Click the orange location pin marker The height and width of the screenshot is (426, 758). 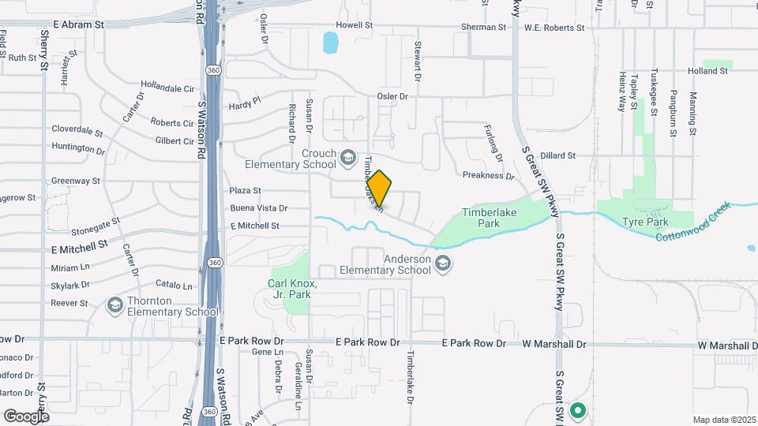click(380, 189)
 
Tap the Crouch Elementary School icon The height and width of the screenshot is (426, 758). click(347, 159)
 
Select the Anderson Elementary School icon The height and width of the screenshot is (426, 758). click(443, 264)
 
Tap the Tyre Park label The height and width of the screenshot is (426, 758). click(645, 222)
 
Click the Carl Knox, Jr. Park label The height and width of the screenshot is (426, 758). click(292, 289)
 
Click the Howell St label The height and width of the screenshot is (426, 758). click(354, 25)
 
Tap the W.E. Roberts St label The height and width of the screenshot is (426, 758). click(553, 27)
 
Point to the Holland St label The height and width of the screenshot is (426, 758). click(707, 71)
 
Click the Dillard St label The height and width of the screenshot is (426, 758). click(558, 156)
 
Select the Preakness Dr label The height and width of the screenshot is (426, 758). click(488, 176)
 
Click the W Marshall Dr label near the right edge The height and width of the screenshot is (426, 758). click(726, 346)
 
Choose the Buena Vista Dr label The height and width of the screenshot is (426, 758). click(258, 208)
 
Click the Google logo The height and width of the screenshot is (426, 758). click(26, 416)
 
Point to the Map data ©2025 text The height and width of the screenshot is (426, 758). click(723, 420)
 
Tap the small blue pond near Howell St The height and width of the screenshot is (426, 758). click(331, 43)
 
